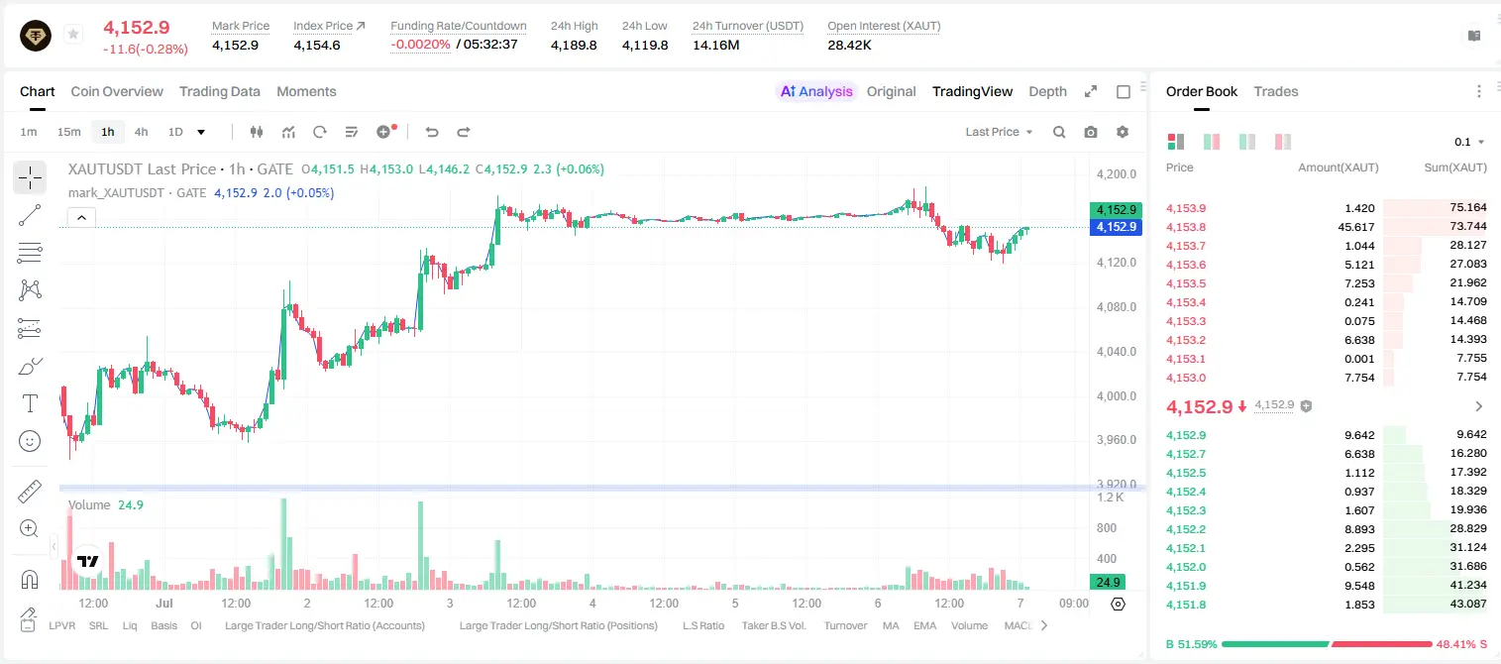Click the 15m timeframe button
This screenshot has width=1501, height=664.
pyautogui.click(x=69, y=132)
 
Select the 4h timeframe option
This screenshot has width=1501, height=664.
pyautogui.click(x=141, y=132)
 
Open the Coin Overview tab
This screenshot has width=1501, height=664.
pyautogui.click(x=117, y=91)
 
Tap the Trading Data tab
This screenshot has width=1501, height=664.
pyautogui.click(x=219, y=91)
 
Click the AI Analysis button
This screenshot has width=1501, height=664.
pyautogui.click(x=816, y=91)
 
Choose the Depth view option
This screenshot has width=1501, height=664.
pyautogui.click(x=1047, y=91)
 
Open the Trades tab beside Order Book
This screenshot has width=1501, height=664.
pyautogui.click(x=1276, y=91)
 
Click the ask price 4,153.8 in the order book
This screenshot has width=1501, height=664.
pyautogui.click(x=1185, y=227)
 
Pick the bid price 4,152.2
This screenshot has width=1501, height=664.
pyautogui.click(x=1185, y=529)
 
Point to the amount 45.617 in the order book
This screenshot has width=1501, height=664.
pyautogui.click(x=1355, y=227)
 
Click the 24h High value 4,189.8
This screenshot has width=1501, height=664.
pyautogui.click(x=574, y=45)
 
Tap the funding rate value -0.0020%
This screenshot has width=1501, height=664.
pyautogui.click(x=420, y=45)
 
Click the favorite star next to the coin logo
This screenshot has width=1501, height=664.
pyautogui.click(x=73, y=34)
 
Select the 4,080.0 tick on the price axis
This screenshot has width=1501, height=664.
pyautogui.click(x=1117, y=307)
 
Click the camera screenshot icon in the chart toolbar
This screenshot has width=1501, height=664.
pyautogui.click(x=1091, y=132)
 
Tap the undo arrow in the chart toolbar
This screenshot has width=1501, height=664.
pyautogui.click(x=432, y=132)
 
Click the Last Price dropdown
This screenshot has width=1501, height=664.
pyautogui.click(x=999, y=132)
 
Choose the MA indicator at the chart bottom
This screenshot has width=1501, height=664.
pyautogui.click(x=891, y=625)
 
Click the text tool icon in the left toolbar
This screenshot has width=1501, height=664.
pyautogui.click(x=30, y=403)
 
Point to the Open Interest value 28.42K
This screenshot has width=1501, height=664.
pyautogui.click(x=849, y=45)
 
